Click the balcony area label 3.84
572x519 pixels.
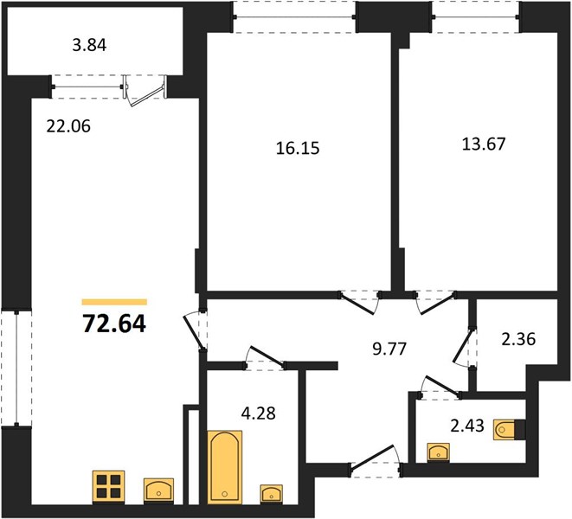[x=89, y=46]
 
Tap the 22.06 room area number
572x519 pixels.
[x=68, y=126]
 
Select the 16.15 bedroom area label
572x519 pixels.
[x=298, y=149]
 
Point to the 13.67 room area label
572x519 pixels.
[x=484, y=144]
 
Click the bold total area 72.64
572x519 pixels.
[x=114, y=324]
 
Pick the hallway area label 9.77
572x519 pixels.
[x=389, y=349]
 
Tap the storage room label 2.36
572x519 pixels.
[x=518, y=339]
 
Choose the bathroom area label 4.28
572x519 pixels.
[x=259, y=413]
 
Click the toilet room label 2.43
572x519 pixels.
[x=467, y=426]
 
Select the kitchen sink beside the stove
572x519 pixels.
[x=158, y=490]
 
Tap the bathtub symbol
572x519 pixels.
[x=225, y=466]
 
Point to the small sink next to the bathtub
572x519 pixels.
[x=271, y=494]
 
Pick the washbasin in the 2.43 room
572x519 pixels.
[x=439, y=452]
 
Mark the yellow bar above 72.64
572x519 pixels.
[x=114, y=302]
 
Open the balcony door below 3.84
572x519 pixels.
[x=145, y=91]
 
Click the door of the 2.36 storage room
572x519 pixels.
[x=463, y=347]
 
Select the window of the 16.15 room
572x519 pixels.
[x=295, y=16]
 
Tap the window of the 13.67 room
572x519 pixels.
[x=475, y=16]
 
